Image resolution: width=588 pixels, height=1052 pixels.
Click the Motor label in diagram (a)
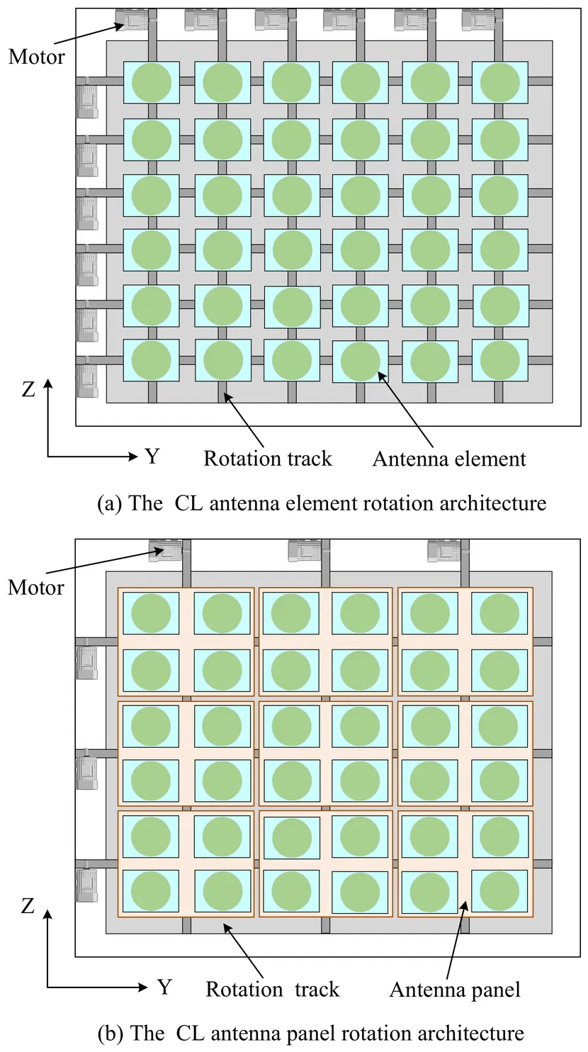(x=36, y=57)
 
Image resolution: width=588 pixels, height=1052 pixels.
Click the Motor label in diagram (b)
(x=36, y=587)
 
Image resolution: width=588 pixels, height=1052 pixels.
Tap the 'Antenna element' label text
(x=449, y=459)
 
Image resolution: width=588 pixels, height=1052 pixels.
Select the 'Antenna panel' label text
(x=455, y=990)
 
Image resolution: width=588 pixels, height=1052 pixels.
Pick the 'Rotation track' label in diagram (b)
(x=273, y=989)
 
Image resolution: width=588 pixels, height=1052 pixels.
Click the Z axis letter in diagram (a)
(x=28, y=389)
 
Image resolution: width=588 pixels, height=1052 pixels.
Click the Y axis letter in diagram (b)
(x=164, y=986)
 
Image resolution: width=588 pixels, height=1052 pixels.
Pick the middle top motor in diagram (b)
(x=305, y=550)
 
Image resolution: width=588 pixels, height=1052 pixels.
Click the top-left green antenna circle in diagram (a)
(x=151, y=82)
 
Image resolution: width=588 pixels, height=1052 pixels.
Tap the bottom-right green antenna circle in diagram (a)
(x=500, y=360)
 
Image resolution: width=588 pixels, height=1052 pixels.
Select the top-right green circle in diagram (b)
(x=499, y=612)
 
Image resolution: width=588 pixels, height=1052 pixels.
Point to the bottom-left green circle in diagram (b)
(x=151, y=890)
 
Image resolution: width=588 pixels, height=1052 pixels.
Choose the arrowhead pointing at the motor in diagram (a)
(x=121, y=26)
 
